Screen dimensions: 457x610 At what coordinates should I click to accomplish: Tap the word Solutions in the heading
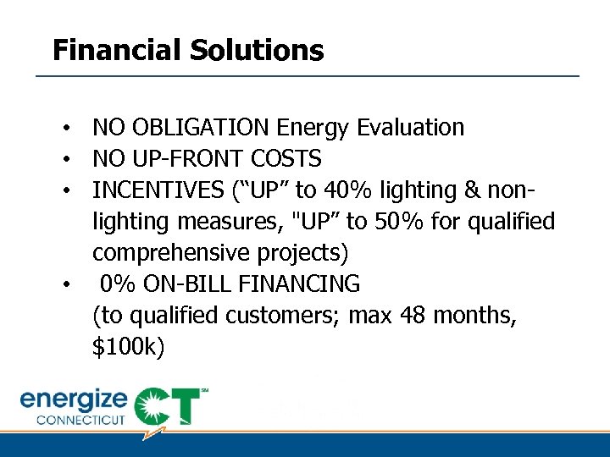point(257,51)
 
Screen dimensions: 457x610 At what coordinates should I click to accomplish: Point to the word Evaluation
point(411,128)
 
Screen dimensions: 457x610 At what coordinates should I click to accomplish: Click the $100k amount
point(127,347)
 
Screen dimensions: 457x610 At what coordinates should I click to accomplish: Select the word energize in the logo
point(74,399)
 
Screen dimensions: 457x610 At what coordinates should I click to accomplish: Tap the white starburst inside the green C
point(154,405)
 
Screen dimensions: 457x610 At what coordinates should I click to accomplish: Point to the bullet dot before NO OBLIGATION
point(64,129)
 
